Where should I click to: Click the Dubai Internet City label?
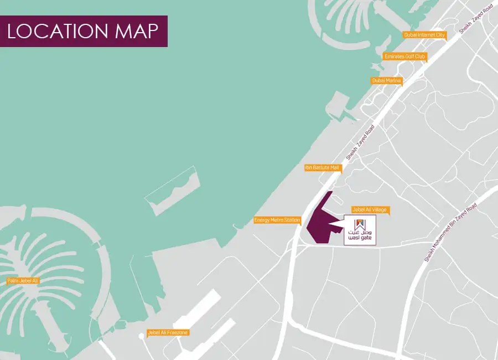[424, 35]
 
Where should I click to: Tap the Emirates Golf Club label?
[404, 56]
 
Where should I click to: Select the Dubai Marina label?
[387, 81]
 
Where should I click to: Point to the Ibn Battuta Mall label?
[322, 167]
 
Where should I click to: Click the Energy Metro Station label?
[277, 220]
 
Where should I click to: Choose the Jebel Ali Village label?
[370, 210]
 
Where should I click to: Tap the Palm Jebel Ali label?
[23, 281]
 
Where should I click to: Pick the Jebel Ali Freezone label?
[168, 333]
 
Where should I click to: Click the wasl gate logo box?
[360, 230]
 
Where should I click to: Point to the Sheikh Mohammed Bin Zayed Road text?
[449, 232]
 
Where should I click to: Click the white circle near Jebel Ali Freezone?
[142, 336]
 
